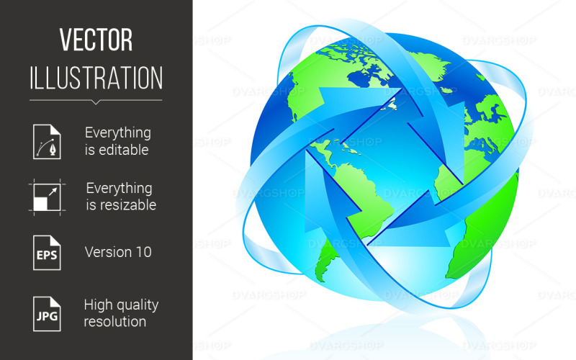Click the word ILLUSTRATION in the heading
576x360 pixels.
point(96,77)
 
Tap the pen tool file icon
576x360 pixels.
point(45,141)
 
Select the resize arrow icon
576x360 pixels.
point(45,197)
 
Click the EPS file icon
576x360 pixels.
point(45,252)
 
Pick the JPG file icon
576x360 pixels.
point(45,312)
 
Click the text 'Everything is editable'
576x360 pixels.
point(117,141)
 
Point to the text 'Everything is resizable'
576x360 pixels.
point(119,197)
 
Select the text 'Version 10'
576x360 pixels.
point(118,252)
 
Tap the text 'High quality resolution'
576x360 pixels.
point(120,312)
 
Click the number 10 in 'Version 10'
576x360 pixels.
point(143,252)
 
